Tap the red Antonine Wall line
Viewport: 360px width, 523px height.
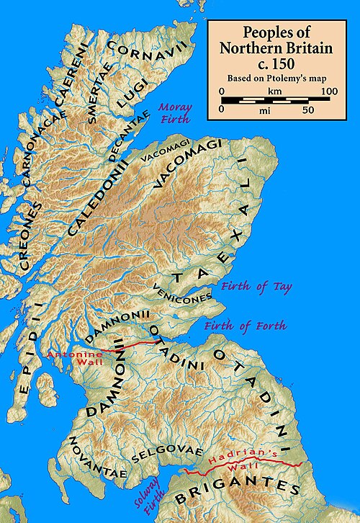click(x=130, y=347)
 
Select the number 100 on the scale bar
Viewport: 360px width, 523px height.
click(x=329, y=91)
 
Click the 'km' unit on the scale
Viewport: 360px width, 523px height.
click(x=273, y=91)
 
